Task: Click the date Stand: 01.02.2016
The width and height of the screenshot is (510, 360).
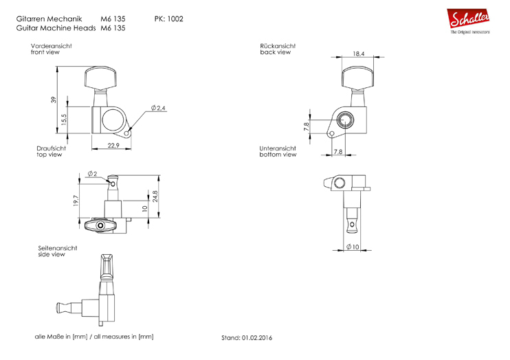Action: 246,338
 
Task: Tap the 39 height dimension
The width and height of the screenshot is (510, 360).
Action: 54,100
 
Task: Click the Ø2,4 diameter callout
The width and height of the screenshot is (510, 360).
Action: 157,109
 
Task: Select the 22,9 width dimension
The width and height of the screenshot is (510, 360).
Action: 113,145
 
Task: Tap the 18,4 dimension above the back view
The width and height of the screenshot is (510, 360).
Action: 358,53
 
